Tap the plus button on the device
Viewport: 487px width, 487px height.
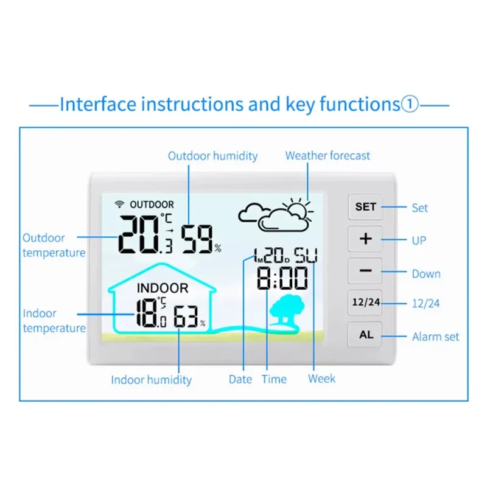point(365,239)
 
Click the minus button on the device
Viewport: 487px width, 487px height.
point(365,270)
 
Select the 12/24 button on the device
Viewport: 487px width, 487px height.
point(365,303)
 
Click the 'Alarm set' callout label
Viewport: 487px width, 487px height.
point(435,337)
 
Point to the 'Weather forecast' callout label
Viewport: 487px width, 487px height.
point(328,155)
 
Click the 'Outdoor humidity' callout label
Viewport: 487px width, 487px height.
point(212,156)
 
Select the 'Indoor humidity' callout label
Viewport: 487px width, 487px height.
point(151,380)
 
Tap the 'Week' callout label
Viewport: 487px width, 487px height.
point(322,379)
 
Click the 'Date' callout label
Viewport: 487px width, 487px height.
point(240,379)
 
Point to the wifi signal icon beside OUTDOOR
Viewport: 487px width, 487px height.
point(119,204)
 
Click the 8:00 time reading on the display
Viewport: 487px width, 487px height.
point(282,278)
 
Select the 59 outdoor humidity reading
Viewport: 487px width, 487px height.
point(197,239)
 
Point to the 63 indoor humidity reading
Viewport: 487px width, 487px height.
point(186,317)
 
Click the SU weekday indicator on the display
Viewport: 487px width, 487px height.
point(306,255)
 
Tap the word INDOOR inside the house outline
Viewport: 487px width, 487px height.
point(163,288)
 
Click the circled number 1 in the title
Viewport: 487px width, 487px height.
point(410,104)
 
